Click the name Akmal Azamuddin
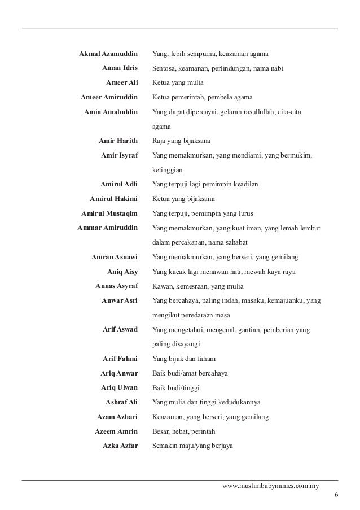(x=107, y=54)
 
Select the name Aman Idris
(x=120, y=68)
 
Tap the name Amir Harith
(x=118, y=140)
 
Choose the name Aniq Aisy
(x=122, y=272)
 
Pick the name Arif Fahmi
(x=120, y=359)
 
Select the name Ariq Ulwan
(x=119, y=388)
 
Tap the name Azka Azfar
(x=120, y=446)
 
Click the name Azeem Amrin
(x=116, y=431)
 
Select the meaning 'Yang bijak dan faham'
(x=183, y=359)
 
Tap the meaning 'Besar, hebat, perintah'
(x=184, y=431)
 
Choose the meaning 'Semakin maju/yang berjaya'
(x=192, y=446)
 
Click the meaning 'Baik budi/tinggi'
(x=176, y=388)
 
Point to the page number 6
(x=336, y=495)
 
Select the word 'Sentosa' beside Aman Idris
(x=164, y=68)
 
